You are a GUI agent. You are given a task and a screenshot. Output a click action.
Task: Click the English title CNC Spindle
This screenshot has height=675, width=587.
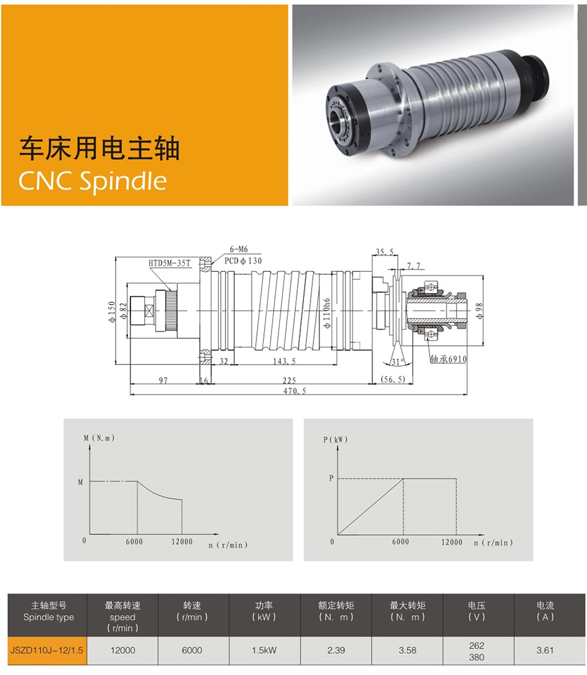click(93, 181)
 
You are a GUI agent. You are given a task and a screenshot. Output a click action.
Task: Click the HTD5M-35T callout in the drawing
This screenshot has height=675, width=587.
click(170, 263)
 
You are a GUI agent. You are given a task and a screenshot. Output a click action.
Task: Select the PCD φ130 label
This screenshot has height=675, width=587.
click(242, 261)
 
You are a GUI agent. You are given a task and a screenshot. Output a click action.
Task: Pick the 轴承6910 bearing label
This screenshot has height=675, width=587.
click(448, 359)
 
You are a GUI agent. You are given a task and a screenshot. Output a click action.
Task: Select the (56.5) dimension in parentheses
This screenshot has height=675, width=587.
click(392, 380)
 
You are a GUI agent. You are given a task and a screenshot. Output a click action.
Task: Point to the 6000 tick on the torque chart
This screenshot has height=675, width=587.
click(134, 542)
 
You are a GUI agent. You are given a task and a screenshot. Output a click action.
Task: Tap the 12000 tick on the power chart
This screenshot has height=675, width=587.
click(451, 542)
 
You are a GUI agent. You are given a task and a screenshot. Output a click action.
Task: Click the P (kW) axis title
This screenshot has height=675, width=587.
click(335, 439)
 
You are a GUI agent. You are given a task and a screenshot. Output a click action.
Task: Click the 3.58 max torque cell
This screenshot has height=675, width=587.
click(407, 650)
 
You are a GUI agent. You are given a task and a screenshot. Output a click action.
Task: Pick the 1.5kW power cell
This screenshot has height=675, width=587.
click(264, 650)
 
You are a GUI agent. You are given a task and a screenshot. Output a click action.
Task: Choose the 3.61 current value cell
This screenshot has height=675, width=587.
click(545, 650)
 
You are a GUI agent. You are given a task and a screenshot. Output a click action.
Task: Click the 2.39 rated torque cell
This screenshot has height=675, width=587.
click(336, 650)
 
